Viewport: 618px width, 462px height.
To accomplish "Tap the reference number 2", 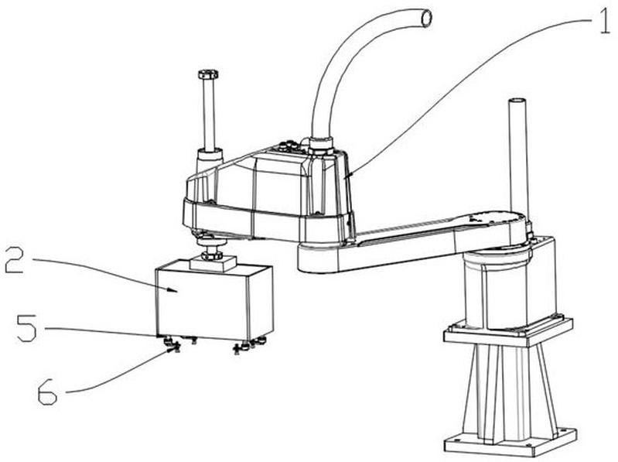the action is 14,260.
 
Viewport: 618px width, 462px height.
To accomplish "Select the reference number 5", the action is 27,327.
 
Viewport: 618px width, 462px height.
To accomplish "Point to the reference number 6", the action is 47,391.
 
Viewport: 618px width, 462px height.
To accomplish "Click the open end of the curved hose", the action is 426,19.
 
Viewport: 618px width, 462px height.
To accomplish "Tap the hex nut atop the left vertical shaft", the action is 208,74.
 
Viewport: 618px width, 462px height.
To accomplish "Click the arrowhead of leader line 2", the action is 172,291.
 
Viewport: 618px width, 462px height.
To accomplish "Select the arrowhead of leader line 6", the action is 170,349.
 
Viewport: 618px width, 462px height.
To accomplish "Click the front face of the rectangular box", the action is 202,303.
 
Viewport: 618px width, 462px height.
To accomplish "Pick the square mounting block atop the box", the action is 213,263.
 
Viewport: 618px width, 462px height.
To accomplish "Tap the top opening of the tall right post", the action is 517,101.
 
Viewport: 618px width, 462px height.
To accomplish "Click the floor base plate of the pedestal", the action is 510,440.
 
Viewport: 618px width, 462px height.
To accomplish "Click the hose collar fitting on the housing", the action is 320,145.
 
